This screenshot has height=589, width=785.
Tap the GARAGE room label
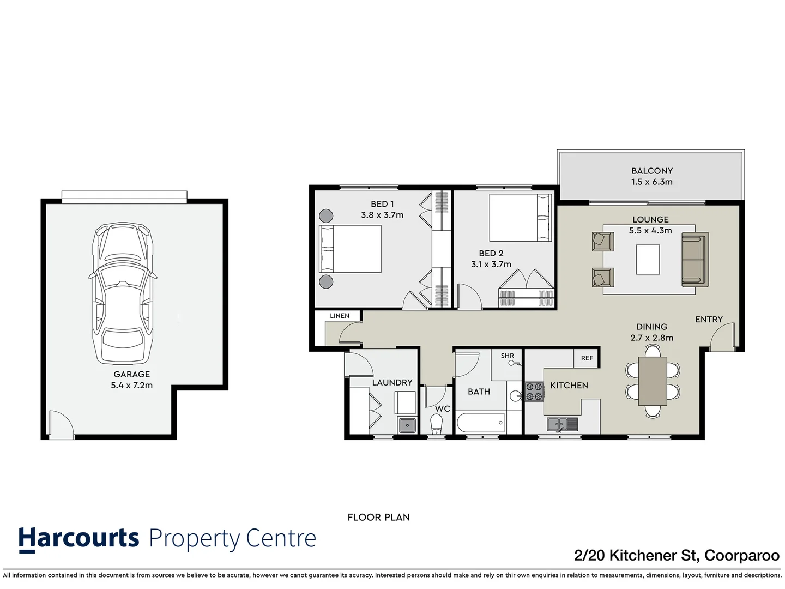pos(131,374)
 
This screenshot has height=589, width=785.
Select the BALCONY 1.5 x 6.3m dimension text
pos(651,182)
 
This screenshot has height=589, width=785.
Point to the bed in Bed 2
pos(520,218)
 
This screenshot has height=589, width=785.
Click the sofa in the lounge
pos(695,260)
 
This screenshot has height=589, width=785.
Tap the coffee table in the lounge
pos(648,260)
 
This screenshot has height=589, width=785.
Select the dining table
pos(652,381)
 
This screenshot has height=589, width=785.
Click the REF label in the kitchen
pos(587,358)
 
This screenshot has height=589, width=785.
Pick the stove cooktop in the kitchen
pos(534,392)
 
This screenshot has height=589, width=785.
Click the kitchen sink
pos(562,424)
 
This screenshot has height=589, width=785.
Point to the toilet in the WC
pos(436,424)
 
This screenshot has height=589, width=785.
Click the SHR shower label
pos(507,356)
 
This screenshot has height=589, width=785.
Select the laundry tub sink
pos(407,425)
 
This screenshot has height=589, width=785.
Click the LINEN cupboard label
pos(339,316)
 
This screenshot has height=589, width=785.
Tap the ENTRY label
pos(709,320)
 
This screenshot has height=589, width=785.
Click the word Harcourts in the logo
pos(79,538)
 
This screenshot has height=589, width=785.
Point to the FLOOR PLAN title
pos(378,517)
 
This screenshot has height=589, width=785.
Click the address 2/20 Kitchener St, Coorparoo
pos(677,555)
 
